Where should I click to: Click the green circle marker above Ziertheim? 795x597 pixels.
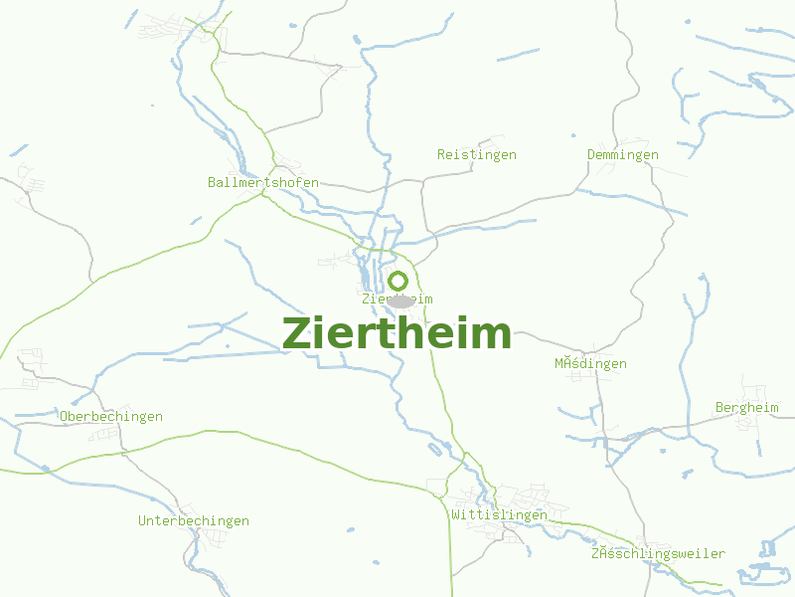click(x=397, y=281)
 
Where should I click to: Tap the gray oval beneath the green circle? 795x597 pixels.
click(x=399, y=299)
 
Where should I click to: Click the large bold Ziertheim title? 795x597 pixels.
click(x=397, y=333)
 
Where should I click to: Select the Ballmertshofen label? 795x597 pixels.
click(x=263, y=182)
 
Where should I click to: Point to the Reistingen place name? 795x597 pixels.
click(x=477, y=155)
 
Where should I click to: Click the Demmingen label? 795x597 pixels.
click(x=623, y=155)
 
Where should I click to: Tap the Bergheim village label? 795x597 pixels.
click(x=747, y=408)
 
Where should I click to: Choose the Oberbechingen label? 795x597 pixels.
click(x=111, y=417)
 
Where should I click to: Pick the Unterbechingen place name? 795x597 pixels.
click(x=194, y=521)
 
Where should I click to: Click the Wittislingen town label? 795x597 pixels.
click(x=499, y=515)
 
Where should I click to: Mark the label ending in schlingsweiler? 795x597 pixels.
click(x=658, y=554)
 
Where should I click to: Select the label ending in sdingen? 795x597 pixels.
click(x=590, y=364)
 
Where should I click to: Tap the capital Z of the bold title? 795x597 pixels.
click(x=297, y=333)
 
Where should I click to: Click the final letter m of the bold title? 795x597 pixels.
click(x=494, y=334)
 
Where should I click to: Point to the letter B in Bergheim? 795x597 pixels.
click(x=719, y=408)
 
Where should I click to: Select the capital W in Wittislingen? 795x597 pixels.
click(x=455, y=515)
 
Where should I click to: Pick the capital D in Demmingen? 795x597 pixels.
click(x=591, y=155)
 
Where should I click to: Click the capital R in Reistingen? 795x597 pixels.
click(x=441, y=155)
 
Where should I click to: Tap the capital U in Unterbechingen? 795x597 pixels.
click(x=142, y=521)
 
